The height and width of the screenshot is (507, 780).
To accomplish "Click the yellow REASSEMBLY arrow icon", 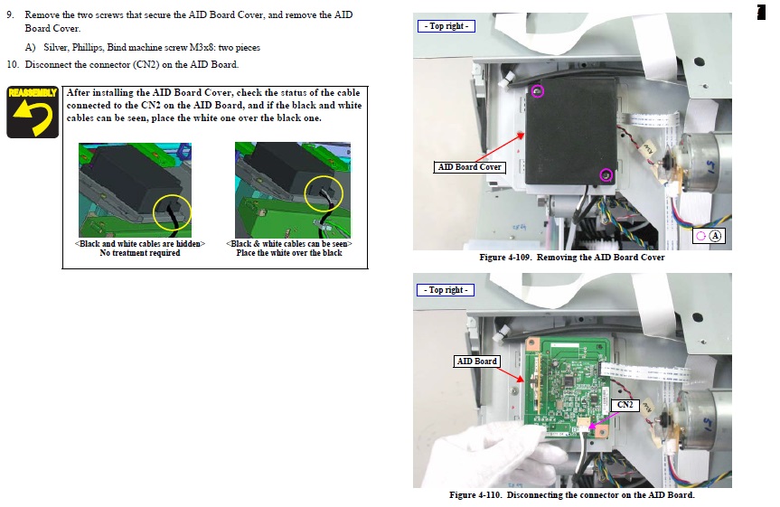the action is point(33,112).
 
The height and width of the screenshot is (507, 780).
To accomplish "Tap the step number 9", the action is point(10,15).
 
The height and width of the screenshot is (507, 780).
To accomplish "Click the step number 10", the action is point(13,65).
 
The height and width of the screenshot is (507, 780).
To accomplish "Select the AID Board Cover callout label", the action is point(470,167).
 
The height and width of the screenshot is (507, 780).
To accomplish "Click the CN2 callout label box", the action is point(625,405).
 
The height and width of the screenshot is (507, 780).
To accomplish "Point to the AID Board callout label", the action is point(476,361).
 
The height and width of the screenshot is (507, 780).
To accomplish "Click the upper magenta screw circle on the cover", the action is point(537,91).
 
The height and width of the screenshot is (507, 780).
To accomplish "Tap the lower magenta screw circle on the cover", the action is point(606,175).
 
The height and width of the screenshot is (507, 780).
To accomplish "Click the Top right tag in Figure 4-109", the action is point(446,26).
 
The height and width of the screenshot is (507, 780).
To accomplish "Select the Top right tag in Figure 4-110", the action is point(446,289).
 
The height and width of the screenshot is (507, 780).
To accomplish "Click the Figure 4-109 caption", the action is point(572,258).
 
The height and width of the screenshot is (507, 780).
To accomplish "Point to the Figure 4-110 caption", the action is point(572,495).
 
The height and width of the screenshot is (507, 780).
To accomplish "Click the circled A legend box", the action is point(709,236).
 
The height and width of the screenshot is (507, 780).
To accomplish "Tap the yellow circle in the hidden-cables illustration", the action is point(172,213).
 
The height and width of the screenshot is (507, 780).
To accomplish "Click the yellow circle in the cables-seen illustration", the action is point(324,193).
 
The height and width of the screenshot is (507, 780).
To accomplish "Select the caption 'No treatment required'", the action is point(140,253).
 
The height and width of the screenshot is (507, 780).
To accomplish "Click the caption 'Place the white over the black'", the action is point(289,253).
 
